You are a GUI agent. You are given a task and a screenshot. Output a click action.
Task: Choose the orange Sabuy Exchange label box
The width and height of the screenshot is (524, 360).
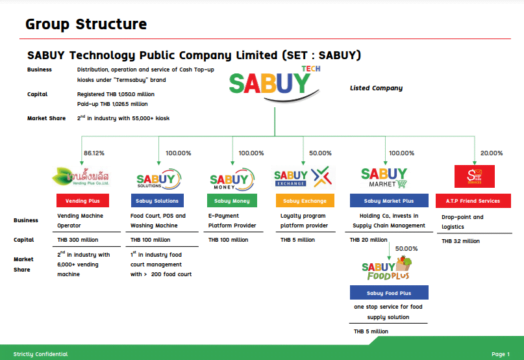(x=307, y=201)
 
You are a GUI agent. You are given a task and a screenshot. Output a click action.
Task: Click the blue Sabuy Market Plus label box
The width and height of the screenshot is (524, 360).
(x=386, y=201)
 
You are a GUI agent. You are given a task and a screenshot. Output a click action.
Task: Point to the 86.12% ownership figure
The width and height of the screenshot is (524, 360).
(x=94, y=153)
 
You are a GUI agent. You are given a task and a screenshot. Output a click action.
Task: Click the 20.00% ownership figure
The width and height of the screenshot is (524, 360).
(x=492, y=153)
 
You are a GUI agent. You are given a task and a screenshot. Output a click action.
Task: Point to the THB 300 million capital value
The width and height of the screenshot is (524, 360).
(x=77, y=240)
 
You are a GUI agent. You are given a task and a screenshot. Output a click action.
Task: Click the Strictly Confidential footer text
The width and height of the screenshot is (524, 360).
(x=40, y=354)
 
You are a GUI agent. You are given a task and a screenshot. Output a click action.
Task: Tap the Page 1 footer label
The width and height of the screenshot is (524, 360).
(x=501, y=354)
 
